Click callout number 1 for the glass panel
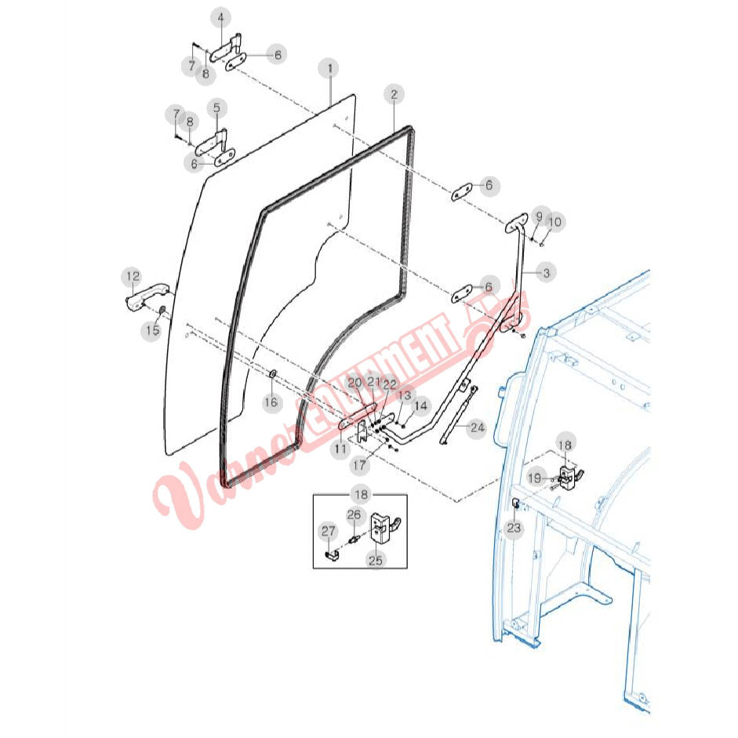pyautogui.click(x=330, y=68)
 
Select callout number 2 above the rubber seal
pyautogui.click(x=394, y=95)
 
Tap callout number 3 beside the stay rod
pyautogui.click(x=546, y=272)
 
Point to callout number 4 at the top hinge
pyautogui.click(x=220, y=18)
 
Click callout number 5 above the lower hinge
pyautogui.click(x=216, y=107)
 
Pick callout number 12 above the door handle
pyautogui.click(x=133, y=276)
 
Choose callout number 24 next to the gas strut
pyautogui.click(x=477, y=427)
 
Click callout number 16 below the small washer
pyautogui.click(x=271, y=402)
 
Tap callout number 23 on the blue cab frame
pyautogui.click(x=514, y=528)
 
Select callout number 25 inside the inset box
pyautogui.click(x=375, y=560)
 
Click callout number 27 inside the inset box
pyautogui.click(x=328, y=532)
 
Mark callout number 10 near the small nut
pyautogui.click(x=555, y=222)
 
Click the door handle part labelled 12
pyautogui.click(x=147, y=296)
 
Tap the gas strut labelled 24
pyautogui.click(x=458, y=415)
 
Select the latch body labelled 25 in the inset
pyautogui.click(x=385, y=527)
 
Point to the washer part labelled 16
pyautogui.click(x=272, y=374)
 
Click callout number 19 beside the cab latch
pyautogui.click(x=534, y=478)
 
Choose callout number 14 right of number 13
pyautogui.click(x=420, y=405)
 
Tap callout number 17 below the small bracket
pyautogui.click(x=359, y=465)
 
